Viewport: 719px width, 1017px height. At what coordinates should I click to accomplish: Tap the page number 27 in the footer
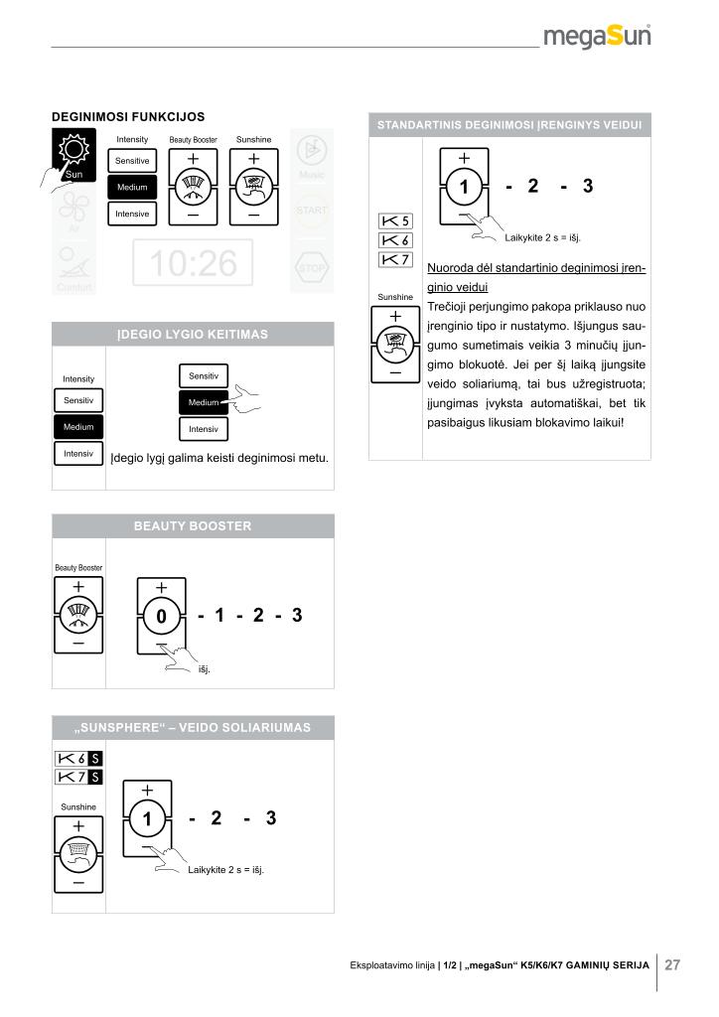tap(672, 964)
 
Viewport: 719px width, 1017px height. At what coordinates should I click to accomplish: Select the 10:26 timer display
tap(193, 263)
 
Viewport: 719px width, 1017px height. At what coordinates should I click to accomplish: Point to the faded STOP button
tap(312, 268)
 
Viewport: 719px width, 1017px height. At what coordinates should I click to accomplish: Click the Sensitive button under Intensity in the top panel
tap(131, 160)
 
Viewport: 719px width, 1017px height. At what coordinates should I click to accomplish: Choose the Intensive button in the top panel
tap(131, 214)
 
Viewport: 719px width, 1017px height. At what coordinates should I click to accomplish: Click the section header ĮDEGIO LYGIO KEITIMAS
tap(193, 335)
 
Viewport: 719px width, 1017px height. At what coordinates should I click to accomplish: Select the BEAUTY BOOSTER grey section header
tap(193, 525)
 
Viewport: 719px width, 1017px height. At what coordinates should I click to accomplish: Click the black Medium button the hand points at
tap(203, 402)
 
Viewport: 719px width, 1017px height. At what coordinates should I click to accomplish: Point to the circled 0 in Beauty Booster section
tap(161, 617)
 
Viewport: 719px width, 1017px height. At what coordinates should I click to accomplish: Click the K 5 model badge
tap(395, 220)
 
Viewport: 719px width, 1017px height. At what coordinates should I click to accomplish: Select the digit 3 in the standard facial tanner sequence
tap(588, 186)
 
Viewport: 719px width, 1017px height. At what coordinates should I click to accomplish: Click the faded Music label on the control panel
tap(312, 175)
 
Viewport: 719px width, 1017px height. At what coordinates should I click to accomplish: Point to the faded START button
tap(312, 210)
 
